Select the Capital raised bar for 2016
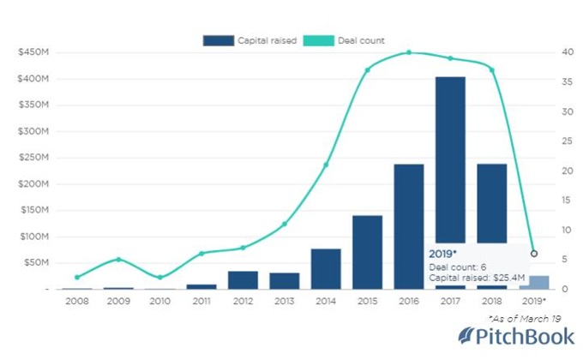pyautogui.click(x=409, y=226)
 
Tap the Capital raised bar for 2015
pyautogui.click(x=367, y=252)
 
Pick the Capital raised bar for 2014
pyautogui.click(x=326, y=268)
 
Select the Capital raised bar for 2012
pyautogui.click(x=243, y=280)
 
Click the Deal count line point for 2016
pyautogui.click(x=409, y=52)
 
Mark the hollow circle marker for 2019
pyautogui.click(x=534, y=254)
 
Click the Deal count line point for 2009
pyautogui.click(x=118, y=259)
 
